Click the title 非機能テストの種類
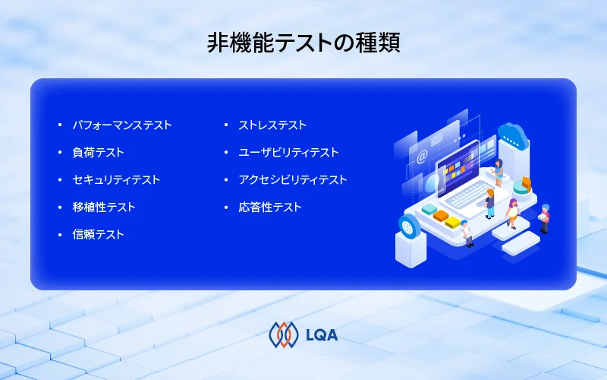click(x=303, y=43)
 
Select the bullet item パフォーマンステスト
click(x=122, y=125)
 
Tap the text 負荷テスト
click(x=98, y=152)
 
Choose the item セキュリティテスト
click(x=116, y=179)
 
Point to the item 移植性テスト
click(x=104, y=207)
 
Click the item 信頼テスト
click(x=98, y=234)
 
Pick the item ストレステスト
click(x=272, y=125)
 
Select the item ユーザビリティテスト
click(x=288, y=152)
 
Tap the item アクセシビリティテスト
click(x=293, y=179)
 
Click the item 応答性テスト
click(x=270, y=207)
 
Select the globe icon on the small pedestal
click(x=409, y=224)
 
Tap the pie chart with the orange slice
click(x=523, y=185)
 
